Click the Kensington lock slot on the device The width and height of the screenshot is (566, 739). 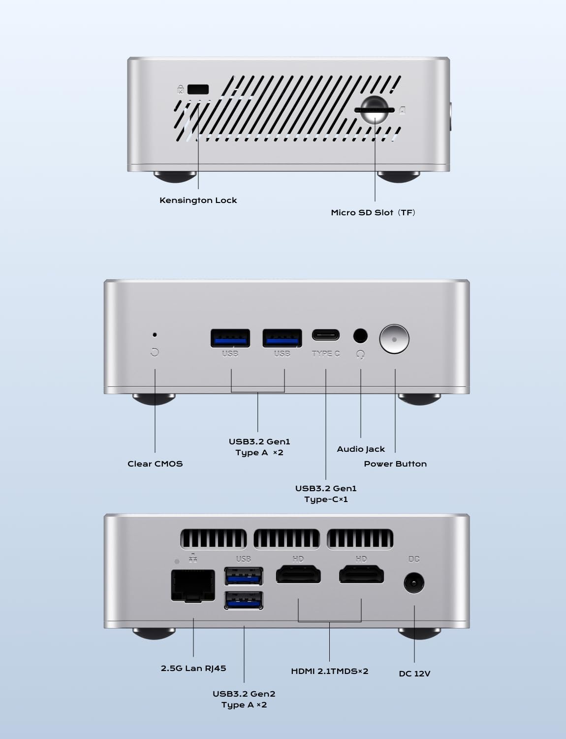pyautogui.click(x=198, y=89)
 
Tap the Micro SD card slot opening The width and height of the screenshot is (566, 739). pyautogui.click(x=374, y=110)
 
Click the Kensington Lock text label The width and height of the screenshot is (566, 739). pyautogui.click(x=198, y=200)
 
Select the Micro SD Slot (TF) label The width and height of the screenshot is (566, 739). pyautogui.click(x=373, y=212)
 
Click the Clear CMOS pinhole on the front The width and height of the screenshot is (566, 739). pyautogui.click(x=155, y=335)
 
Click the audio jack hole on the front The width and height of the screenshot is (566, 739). pyautogui.click(x=360, y=336)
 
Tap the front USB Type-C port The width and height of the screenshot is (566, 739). pyautogui.click(x=325, y=336)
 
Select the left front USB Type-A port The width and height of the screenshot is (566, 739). pyautogui.click(x=230, y=338)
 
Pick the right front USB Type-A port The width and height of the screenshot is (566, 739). pyautogui.click(x=282, y=338)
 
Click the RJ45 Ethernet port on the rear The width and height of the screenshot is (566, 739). pyautogui.click(x=193, y=585)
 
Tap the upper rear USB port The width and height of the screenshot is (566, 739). pyautogui.click(x=244, y=576)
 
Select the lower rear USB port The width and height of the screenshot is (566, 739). pyautogui.click(x=244, y=600)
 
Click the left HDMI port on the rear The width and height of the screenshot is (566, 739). pyautogui.click(x=298, y=575)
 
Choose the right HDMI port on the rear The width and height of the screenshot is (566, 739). pyautogui.click(x=361, y=575)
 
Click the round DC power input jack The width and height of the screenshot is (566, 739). pyautogui.click(x=414, y=583)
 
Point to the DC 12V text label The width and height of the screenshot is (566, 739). pyautogui.click(x=414, y=673)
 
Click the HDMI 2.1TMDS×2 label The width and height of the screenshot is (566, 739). pyautogui.click(x=329, y=671)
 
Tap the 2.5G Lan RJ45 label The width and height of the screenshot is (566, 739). pyautogui.click(x=193, y=668)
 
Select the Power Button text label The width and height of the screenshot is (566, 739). pyautogui.click(x=395, y=464)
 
